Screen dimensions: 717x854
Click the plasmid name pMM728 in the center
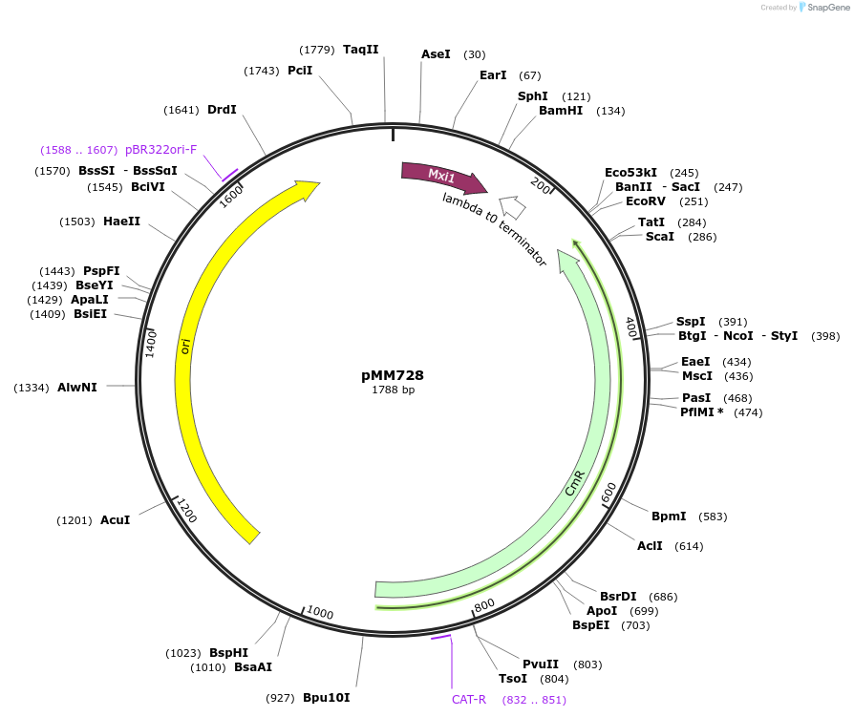coord(393,375)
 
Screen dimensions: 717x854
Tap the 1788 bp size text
coord(393,390)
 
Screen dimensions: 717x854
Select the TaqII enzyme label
coord(361,50)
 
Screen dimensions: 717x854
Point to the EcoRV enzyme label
coord(646,201)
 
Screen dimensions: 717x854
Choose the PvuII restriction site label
coord(540,664)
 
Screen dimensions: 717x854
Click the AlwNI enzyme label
coord(77,387)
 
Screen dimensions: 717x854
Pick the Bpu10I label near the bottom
coord(327,698)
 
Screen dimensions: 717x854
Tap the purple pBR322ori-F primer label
coord(160,150)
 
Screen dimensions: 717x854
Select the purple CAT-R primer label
coord(469,700)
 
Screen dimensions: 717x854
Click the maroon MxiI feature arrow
coord(442,176)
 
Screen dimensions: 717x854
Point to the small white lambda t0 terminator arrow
coord(512,206)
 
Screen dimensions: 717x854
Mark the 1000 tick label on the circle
coord(320,613)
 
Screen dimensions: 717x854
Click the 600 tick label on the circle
coord(608,493)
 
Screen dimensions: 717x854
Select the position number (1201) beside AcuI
coord(74,520)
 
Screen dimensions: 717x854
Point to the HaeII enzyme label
coord(121,221)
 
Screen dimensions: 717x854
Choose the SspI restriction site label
coord(691,322)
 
